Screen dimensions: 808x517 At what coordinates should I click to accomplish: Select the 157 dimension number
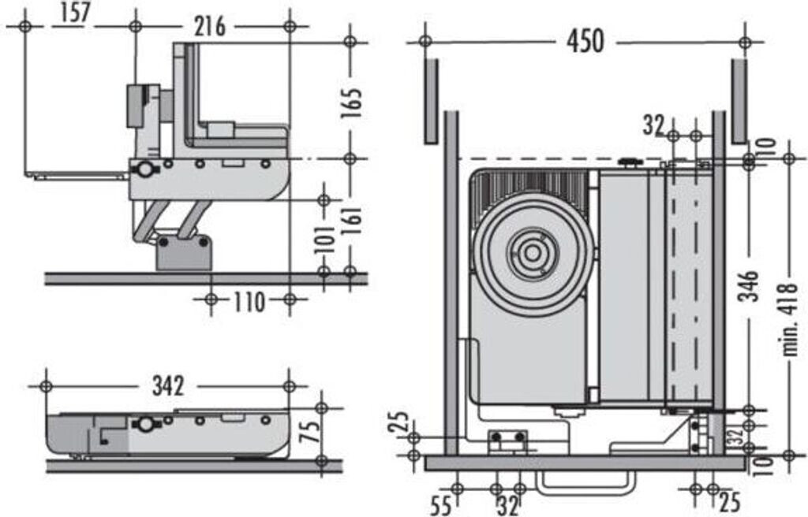pyautogui.click(x=75, y=13)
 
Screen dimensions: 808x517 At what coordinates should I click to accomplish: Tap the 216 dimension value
pyautogui.click(x=210, y=26)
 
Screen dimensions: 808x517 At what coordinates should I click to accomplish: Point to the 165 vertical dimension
pyautogui.click(x=351, y=103)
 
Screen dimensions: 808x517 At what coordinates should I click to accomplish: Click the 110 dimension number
pyautogui.click(x=249, y=301)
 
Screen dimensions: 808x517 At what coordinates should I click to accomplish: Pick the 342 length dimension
pyautogui.click(x=169, y=385)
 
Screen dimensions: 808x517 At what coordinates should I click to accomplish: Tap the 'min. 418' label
pyautogui.click(x=790, y=318)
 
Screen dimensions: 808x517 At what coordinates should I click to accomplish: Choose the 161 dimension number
pyautogui.click(x=351, y=221)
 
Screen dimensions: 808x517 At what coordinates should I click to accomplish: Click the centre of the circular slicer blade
pyautogui.click(x=533, y=253)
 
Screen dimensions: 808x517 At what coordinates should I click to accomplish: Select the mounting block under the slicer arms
pyautogui.click(x=184, y=252)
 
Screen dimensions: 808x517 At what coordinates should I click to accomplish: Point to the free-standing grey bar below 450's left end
pyautogui.click(x=432, y=102)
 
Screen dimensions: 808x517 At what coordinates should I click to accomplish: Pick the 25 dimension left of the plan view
pyautogui.click(x=402, y=421)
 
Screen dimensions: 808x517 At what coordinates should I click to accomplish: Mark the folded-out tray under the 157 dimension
pyautogui.click(x=77, y=175)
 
